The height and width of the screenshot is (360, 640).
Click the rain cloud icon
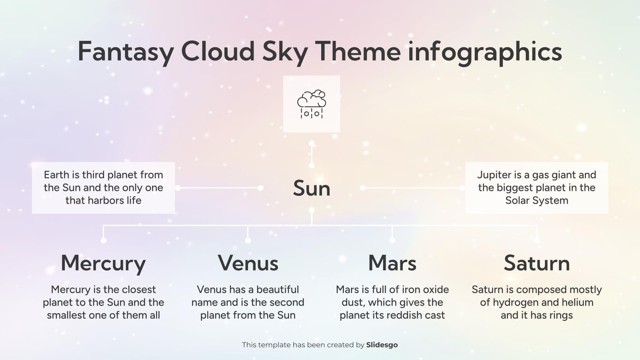click(311, 104)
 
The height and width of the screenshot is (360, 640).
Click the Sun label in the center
click(312, 188)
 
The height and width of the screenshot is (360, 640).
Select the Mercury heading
click(103, 263)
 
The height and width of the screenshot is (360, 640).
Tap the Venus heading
click(248, 263)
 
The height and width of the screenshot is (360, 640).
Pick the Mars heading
click(392, 263)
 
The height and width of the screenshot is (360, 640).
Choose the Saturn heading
click(536, 263)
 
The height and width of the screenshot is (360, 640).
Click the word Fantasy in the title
click(126, 52)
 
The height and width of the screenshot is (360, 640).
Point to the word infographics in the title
click(484, 52)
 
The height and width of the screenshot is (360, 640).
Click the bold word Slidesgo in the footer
click(382, 345)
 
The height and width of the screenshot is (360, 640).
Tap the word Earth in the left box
click(56, 175)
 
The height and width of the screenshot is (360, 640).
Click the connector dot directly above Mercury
click(104, 240)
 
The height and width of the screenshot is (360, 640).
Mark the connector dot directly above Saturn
click(537, 240)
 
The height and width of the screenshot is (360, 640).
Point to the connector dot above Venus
click(248, 240)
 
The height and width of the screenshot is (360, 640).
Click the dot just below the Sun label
click(312, 210)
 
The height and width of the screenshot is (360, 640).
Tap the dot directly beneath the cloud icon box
click(312, 143)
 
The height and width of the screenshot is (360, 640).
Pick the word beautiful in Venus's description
click(278, 290)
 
